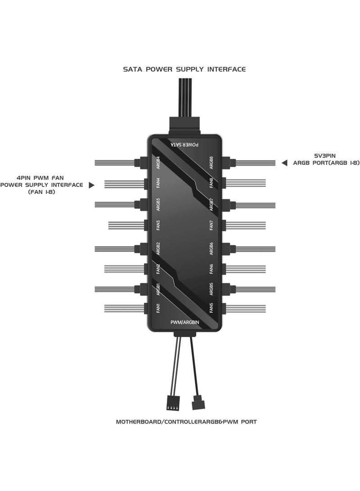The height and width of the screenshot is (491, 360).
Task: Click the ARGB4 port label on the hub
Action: pyautogui.click(x=158, y=163)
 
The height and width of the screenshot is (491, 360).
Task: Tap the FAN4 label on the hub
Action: pyautogui.click(x=158, y=183)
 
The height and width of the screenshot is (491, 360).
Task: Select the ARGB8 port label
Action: pyautogui.click(x=211, y=163)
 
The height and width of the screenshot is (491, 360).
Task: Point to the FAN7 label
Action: pyautogui.click(x=211, y=225)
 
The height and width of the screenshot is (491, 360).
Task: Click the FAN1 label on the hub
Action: pyautogui.click(x=158, y=308)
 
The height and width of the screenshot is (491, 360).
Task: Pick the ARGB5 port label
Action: pyautogui.click(x=211, y=289)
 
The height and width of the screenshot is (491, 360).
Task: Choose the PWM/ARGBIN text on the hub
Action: pyautogui.click(x=184, y=322)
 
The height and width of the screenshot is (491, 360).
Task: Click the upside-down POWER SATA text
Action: pyautogui.click(x=184, y=144)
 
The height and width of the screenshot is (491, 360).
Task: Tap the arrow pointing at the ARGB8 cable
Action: pyautogui.click(x=284, y=163)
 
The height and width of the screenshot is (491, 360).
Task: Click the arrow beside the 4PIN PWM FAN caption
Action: pyautogui.click(x=91, y=185)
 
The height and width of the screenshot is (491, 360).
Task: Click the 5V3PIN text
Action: pyautogui.click(x=325, y=156)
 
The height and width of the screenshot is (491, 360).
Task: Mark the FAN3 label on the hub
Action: pyautogui.click(x=158, y=225)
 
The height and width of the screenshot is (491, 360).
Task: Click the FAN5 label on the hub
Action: pyautogui.click(x=211, y=308)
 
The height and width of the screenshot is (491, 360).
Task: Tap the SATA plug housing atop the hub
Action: pyautogui.click(x=184, y=126)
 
